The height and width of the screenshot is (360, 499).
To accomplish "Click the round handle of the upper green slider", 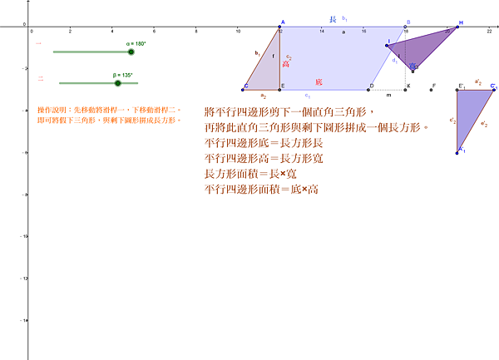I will (131, 52).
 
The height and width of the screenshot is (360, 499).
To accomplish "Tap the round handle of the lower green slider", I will (117, 83).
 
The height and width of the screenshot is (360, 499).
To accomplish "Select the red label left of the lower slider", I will (40, 78).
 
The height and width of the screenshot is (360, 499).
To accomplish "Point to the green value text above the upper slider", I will (136, 43).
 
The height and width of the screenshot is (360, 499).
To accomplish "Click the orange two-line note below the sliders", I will (108, 115).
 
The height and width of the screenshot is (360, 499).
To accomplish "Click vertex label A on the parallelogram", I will (282, 22).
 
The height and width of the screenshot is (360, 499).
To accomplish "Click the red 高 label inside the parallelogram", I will (286, 63).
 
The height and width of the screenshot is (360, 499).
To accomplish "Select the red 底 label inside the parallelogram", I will (319, 82).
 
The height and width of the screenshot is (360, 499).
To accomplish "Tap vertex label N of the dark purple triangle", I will (461, 22).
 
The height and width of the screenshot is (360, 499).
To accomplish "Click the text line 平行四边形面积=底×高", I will (261, 190).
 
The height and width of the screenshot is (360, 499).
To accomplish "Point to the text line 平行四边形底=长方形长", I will (264, 143).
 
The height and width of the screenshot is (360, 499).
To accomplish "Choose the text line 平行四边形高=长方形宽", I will (264, 158).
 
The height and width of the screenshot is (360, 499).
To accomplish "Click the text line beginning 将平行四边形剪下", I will (289, 112).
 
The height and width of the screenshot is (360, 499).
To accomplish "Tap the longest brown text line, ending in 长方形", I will (315, 127).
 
